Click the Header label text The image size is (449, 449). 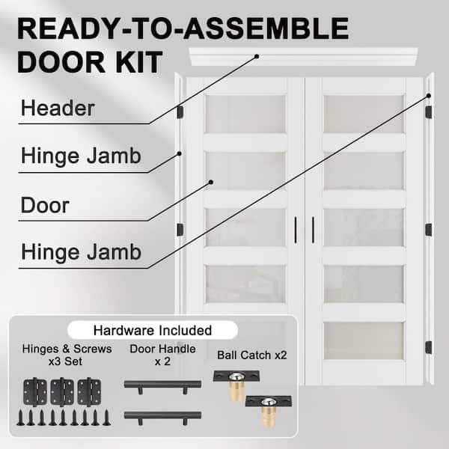(58, 109)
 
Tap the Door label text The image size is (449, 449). (45, 205)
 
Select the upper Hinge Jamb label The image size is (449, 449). (81, 156)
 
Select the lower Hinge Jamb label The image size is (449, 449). (81, 252)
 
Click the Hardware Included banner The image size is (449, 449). (153, 330)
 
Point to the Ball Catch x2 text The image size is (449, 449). (252, 355)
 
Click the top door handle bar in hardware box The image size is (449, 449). (162, 385)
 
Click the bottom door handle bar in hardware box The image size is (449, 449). (162, 417)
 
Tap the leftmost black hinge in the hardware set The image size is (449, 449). (35, 391)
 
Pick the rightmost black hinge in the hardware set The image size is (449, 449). (89, 391)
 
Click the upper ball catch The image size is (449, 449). (236, 385)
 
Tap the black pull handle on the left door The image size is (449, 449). (296, 230)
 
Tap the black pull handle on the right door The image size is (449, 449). (314, 230)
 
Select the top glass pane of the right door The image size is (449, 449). (364, 114)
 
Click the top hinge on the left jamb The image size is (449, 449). (180, 112)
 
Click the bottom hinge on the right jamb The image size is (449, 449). (428, 347)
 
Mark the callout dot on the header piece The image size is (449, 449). (257, 57)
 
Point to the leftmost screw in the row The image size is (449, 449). (21, 418)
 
